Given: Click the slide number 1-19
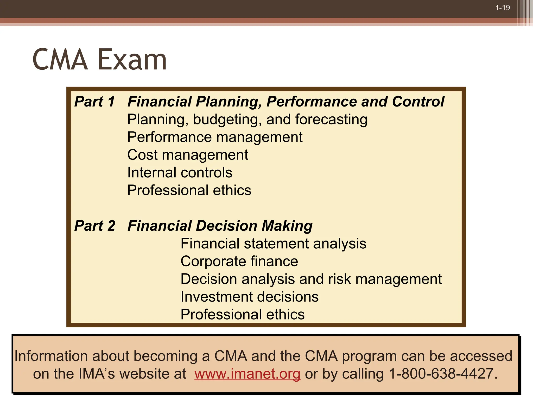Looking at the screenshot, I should coord(502,8).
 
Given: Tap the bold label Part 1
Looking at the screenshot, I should coord(94,101).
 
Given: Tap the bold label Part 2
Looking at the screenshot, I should coord(95,225).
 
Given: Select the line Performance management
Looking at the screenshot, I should coord(215,137).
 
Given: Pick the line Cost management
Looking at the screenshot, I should coord(188,155).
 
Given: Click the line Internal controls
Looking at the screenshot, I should coord(180,172).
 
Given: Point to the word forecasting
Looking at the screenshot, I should coord(331,119).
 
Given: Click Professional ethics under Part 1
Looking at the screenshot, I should coord(189,190).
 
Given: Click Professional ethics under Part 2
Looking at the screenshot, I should coord(242,314).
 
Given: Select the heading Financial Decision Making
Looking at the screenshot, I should coord(220,225).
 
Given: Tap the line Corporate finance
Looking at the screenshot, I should coord(239,261).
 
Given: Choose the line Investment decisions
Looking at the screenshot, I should coord(249,297).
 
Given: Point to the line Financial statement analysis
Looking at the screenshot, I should coord(273,243).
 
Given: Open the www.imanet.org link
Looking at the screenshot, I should coord(247,374).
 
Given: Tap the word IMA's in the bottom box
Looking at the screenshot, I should coord(97,374).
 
